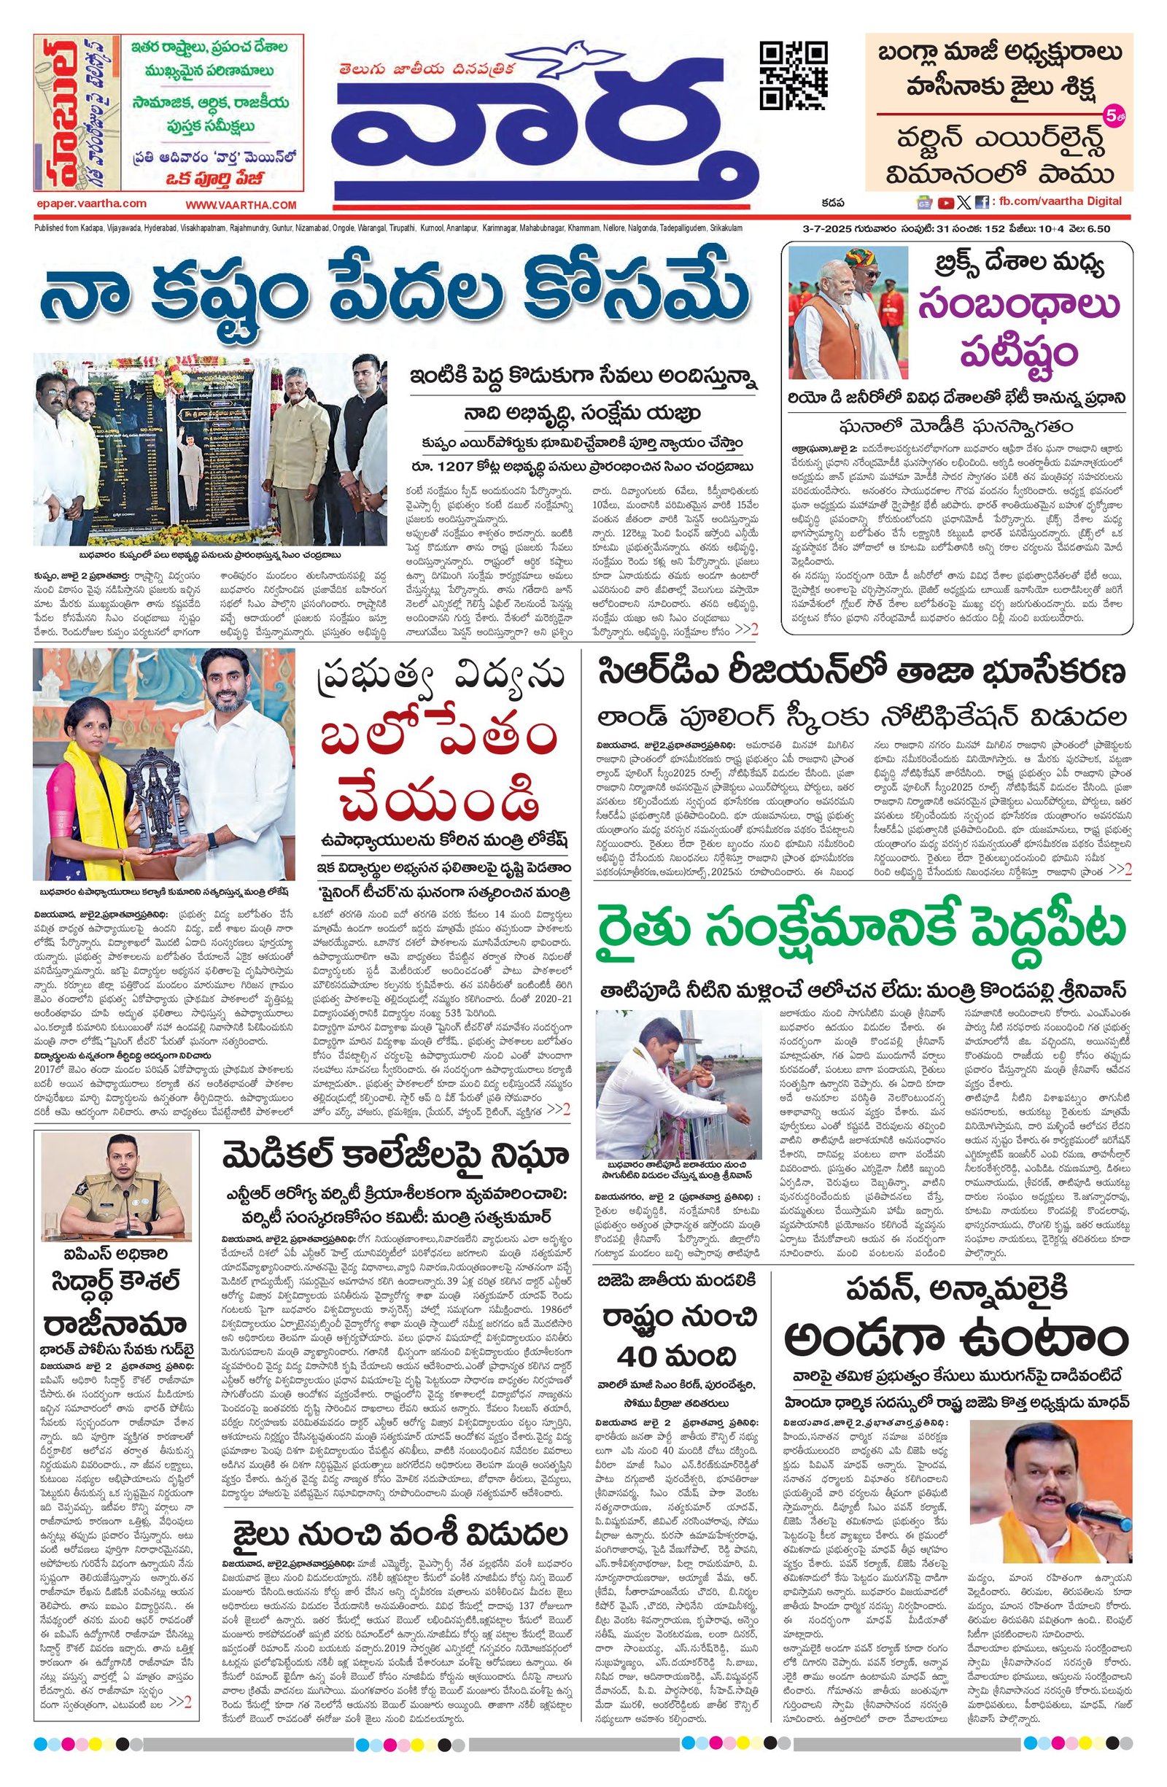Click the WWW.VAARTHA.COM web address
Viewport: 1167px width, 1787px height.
pos(241,205)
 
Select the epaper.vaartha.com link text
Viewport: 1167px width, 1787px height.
pos(90,203)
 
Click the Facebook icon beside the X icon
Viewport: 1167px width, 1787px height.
pos(981,202)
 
